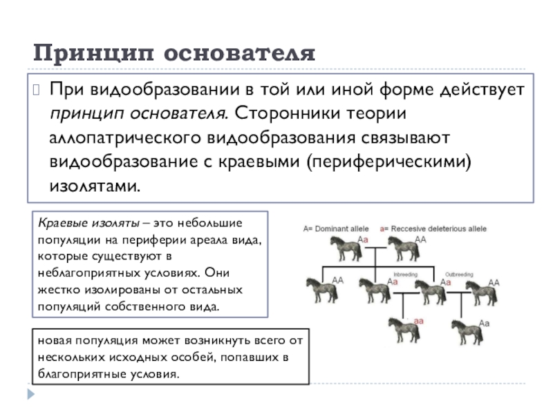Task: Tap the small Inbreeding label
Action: (x=406, y=275)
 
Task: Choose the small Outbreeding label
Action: (x=458, y=275)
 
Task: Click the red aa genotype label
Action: (x=419, y=321)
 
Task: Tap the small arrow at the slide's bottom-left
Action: (x=30, y=394)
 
